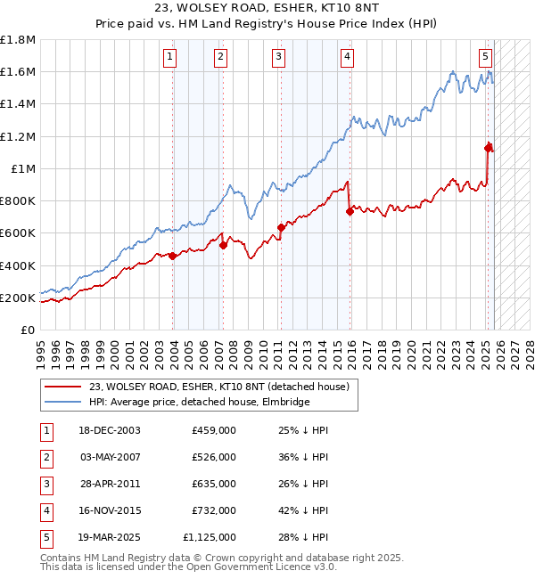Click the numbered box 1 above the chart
tap(169, 57)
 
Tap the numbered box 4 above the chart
tap(346, 57)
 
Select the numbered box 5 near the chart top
tap(485, 57)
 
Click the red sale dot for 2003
tap(173, 256)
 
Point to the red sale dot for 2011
tap(281, 227)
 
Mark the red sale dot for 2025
tap(488, 148)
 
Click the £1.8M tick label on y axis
tap(18, 40)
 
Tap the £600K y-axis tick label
tap(18, 233)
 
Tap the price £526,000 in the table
tap(214, 457)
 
